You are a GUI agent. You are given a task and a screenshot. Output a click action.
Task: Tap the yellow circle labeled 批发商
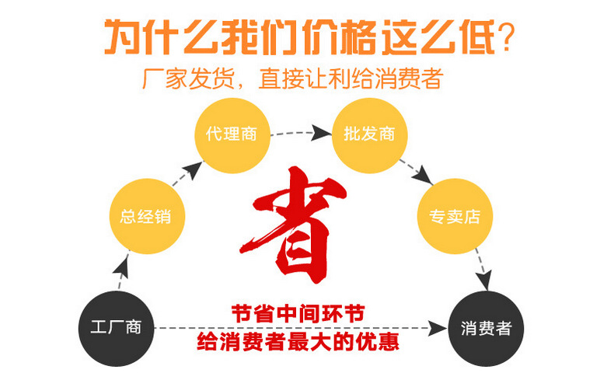coord(368,133)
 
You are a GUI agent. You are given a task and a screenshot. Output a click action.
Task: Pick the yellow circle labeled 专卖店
coord(455,216)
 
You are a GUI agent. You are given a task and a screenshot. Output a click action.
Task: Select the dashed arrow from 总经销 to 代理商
coord(183,173)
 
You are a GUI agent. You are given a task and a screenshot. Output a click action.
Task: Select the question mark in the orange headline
coord(506,35)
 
